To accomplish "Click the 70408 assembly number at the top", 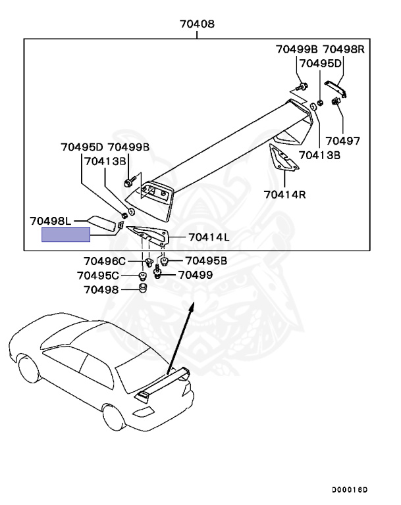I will [x=197, y=25].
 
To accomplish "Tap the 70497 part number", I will [x=343, y=141].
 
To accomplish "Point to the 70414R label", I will [x=284, y=194].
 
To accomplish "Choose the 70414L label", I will [x=209, y=237].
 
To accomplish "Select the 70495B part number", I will [x=205, y=261].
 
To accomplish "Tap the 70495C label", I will [x=98, y=276].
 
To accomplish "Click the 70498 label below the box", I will [x=101, y=289].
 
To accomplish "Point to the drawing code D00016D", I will [x=350, y=490].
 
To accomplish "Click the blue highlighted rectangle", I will [x=66, y=234].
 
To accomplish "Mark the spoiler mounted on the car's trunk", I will [x=165, y=385].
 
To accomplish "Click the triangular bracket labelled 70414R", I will [x=282, y=160].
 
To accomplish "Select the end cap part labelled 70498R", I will [x=336, y=88].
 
